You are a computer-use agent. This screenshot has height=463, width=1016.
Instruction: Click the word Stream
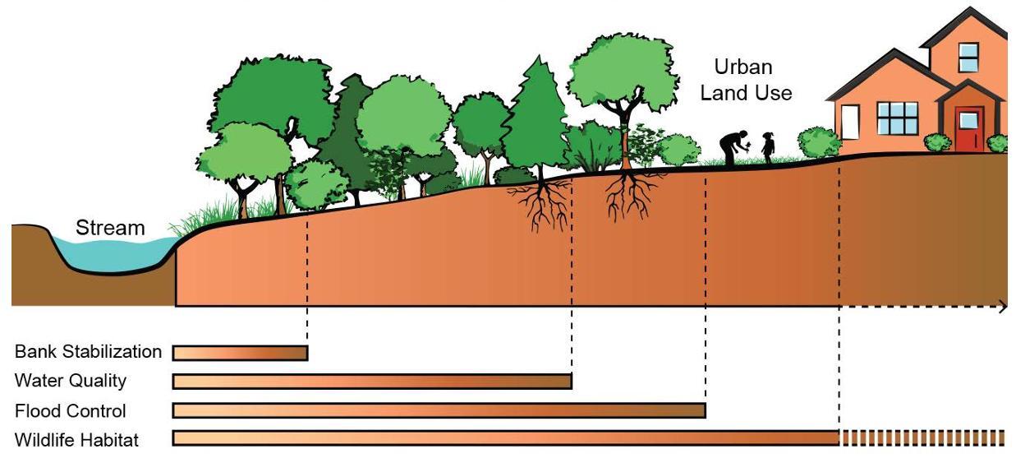click(x=110, y=228)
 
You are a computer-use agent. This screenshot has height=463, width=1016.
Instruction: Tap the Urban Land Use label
click(x=746, y=80)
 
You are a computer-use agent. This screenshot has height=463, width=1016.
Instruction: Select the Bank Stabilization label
click(x=88, y=352)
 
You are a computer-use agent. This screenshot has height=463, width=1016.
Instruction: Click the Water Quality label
click(x=71, y=381)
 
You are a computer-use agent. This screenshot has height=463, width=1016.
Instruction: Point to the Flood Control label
click(x=71, y=410)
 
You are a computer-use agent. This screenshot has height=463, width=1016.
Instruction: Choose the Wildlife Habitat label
click(x=76, y=440)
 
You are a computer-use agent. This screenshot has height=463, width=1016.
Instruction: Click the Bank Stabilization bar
click(x=240, y=353)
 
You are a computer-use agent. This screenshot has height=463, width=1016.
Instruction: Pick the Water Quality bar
click(x=372, y=382)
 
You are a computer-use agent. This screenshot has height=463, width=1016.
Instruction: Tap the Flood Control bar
click(x=439, y=410)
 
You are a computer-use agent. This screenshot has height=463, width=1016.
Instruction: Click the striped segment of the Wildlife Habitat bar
click(x=922, y=438)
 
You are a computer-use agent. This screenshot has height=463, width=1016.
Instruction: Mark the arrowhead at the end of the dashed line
click(x=1003, y=307)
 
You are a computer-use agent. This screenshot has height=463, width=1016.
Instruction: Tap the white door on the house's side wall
click(x=848, y=123)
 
